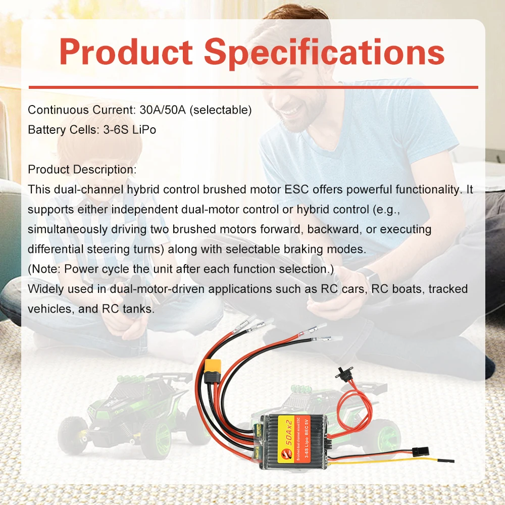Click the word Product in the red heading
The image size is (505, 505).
coord(126,52)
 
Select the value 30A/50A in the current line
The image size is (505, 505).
coord(163,110)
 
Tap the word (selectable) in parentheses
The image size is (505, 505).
coord(221,110)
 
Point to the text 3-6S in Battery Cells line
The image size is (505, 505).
coord(116,130)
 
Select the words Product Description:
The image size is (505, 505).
coord(82,170)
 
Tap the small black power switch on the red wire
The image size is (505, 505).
coord(342,374)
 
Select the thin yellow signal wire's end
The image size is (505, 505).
coord(453,461)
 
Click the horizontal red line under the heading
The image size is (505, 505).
coord(253,87)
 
